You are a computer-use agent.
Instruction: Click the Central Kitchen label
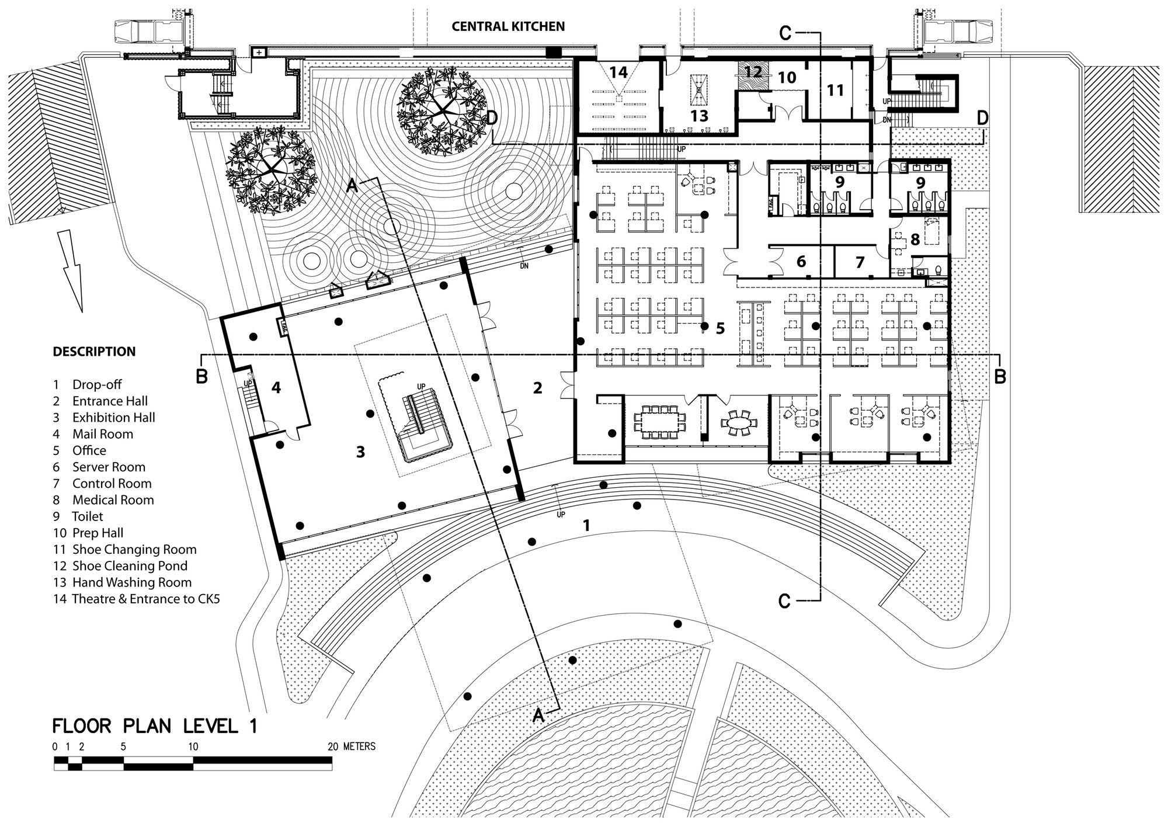tap(508, 26)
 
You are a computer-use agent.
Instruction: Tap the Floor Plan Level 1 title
tap(155, 726)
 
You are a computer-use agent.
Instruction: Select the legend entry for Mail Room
tap(102, 434)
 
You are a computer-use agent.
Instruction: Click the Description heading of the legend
tap(94, 352)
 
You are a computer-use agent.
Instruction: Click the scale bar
tap(193, 763)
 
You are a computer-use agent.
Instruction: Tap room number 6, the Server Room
tap(801, 261)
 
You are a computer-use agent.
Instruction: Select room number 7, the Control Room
tap(859, 262)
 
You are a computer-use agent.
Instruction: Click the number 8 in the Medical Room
tap(915, 240)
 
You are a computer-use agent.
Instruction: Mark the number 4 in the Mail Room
tap(276, 387)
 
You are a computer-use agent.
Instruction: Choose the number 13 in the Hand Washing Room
tap(699, 116)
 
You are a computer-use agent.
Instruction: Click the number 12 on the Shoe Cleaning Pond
tap(753, 72)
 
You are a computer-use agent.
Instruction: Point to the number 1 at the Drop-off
tap(587, 525)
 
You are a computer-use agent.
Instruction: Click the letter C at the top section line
tap(785, 34)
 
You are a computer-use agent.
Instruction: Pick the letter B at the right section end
tap(1000, 376)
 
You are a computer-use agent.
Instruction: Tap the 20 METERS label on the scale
tap(352, 747)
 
